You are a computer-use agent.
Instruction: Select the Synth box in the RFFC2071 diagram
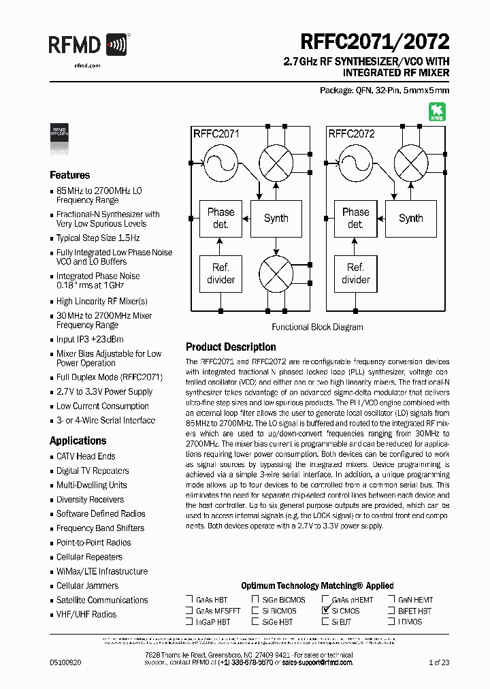[x=276, y=219]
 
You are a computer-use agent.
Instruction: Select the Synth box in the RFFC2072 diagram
[x=410, y=219]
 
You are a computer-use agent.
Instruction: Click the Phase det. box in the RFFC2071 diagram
[x=220, y=219]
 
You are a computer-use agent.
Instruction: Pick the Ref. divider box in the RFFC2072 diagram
[x=355, y=274]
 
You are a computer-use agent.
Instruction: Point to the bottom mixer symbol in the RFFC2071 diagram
[x=276, y=274]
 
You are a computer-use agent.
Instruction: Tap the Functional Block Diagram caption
[x=317, y=327]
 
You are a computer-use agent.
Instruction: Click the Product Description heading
[x=231, y=347]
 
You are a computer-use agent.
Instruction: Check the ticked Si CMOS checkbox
[x=325, y=611]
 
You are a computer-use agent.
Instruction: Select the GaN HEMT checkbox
[x=391, y=600]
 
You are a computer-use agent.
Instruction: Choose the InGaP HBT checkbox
[x=189, y=622]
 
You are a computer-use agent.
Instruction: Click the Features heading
[x=70, y=175]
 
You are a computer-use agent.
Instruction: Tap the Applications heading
[x=78, y=440]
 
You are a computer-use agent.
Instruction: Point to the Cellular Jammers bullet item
[x=87, y=586]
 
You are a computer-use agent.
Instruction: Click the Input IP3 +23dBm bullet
[x=90, y=339]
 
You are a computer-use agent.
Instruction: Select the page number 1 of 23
[x=439, y=662]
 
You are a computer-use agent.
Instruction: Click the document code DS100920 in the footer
[x=65, y=662]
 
